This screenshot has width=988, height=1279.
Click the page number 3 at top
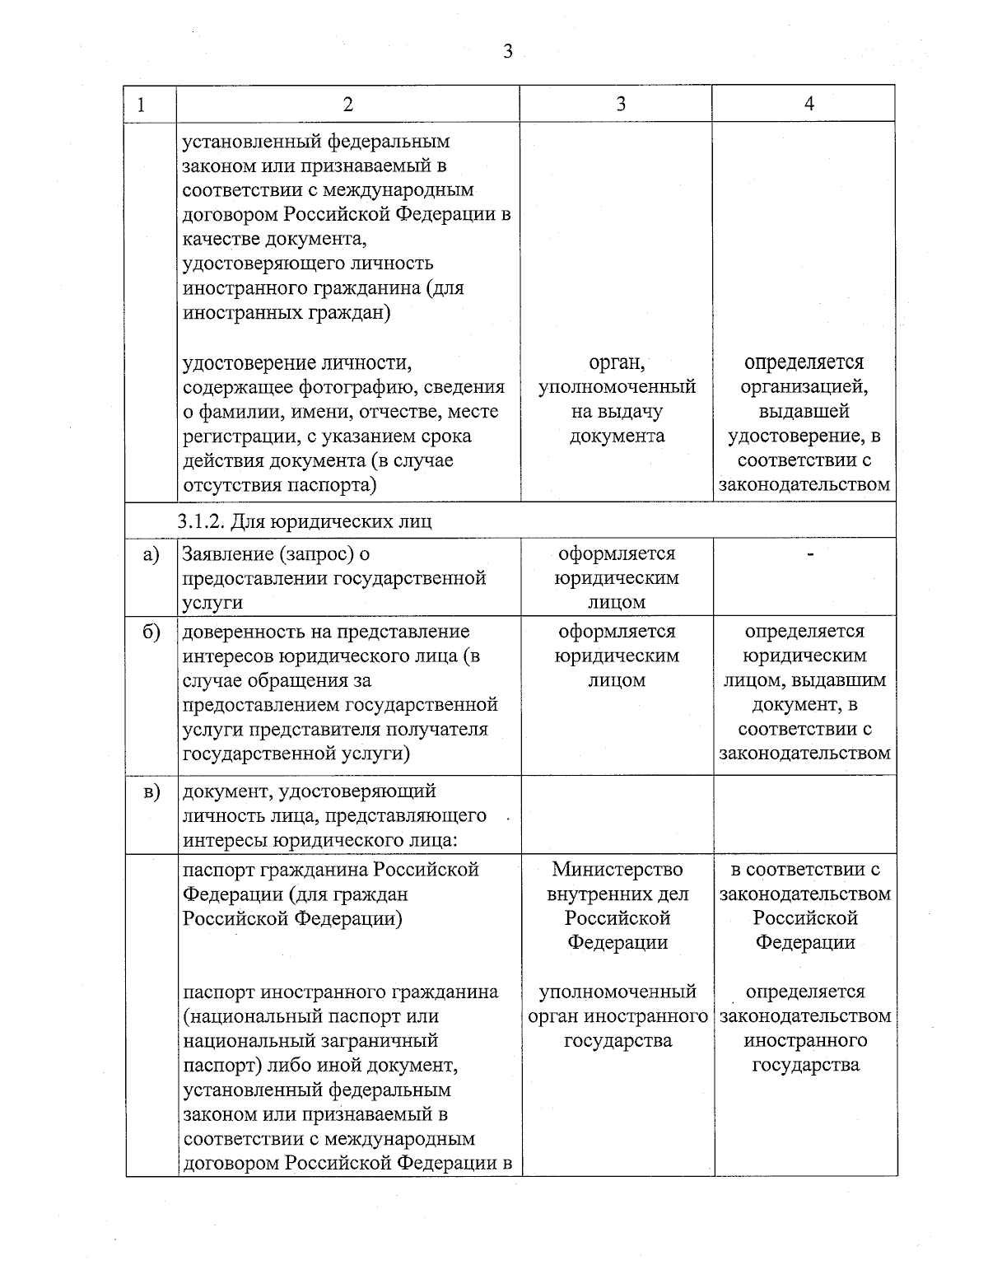507,52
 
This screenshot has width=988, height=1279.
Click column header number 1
142,105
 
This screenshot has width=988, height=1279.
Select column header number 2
347,104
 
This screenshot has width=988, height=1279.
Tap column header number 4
809,104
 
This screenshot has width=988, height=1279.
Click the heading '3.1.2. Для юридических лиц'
305,521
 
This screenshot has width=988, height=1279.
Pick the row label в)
151,792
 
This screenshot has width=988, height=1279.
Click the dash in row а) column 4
810,556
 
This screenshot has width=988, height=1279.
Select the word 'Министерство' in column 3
617,870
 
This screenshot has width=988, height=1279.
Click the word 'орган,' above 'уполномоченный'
617,363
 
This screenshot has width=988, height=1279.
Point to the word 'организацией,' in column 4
804,387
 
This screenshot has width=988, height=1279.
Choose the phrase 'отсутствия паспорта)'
279,485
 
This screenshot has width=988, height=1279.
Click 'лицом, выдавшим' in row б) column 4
804,680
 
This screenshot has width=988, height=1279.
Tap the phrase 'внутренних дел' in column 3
617,894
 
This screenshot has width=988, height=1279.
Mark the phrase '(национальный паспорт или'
310,1016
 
